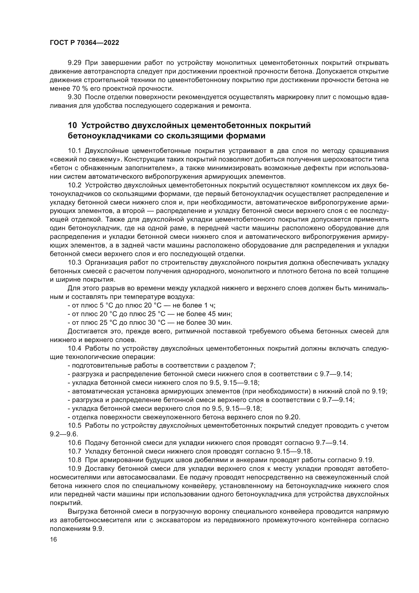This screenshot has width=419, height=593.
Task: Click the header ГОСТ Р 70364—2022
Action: pyautogui.click(x=84, y=43)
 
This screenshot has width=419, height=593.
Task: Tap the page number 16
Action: pyautogui.click(x=53, y=540)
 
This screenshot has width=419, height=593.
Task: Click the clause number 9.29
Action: pyautogui.click(x=74, y=63)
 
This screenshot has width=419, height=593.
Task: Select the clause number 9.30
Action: pyautogui.click(x=74, y=97)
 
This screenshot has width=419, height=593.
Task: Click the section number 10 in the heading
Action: pyautogui.click(x=72, y=125)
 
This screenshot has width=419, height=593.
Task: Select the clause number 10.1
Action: pyautogui.click(x=74, y=151)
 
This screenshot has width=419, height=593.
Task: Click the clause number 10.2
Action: pyautogui.click(x=74, y=185)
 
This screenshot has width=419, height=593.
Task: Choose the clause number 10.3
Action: pyautogui.click(x=74, y=263)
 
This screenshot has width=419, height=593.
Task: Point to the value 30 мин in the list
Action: pyautogui.click(x=220, y=322)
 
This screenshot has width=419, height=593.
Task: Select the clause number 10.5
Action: pyautogui.click(x=74, y=426)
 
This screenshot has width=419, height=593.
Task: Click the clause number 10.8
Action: pyautogui.click(x=74, y=460)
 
